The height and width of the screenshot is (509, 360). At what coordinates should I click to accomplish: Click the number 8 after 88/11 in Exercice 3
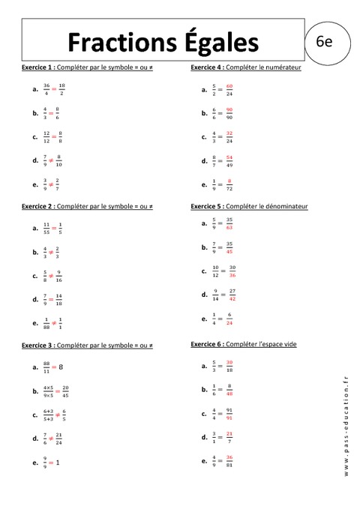click(x=61, y=367)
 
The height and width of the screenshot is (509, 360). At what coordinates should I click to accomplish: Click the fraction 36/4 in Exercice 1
click(x=46, y=89)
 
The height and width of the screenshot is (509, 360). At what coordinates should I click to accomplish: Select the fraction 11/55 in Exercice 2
click(x=46, y=228)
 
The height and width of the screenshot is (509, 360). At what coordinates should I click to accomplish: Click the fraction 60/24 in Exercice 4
click(x=229, y=90)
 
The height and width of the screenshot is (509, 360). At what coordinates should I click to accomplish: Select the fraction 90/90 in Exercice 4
click(x=229, y=113)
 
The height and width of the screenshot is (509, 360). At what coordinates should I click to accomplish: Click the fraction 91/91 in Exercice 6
click(x=229, y=414)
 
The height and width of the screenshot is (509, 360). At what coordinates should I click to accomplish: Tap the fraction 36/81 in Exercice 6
click(x=229, y=461)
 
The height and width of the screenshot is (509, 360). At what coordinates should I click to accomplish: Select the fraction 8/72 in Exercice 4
click(x=229, y=184)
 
